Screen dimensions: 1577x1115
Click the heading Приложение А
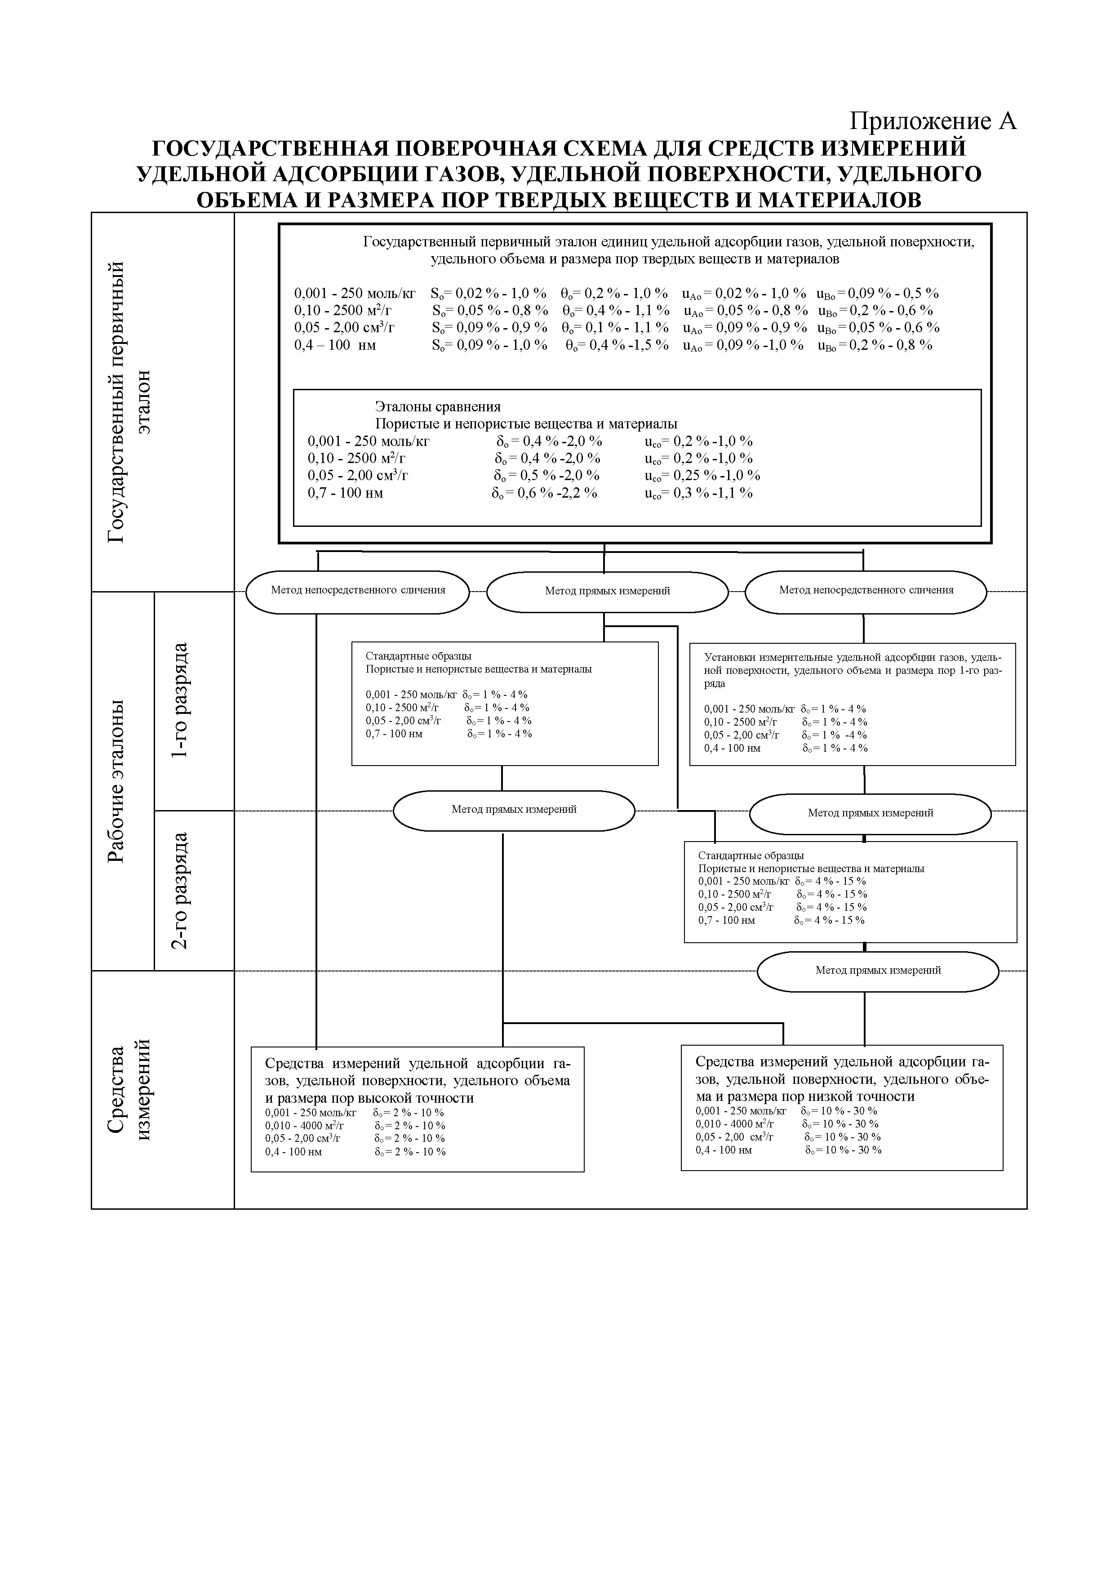[933, 121]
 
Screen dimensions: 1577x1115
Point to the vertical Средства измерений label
[129, 1091]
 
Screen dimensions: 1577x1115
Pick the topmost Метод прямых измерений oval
[607, 591]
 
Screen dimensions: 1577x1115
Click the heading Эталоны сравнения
[437, 407]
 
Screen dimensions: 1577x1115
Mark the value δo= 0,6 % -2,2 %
[544, 493]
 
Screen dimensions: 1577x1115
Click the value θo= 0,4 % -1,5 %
[617, 345]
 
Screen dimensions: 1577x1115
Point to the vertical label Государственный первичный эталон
[129, 402]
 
